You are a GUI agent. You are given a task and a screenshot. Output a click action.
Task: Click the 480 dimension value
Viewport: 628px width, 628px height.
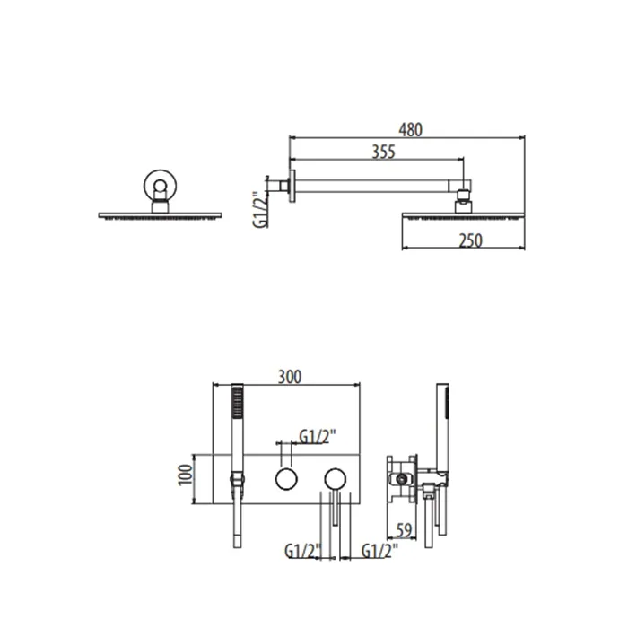411,130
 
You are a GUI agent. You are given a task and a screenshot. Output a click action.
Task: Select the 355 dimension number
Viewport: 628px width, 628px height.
384,152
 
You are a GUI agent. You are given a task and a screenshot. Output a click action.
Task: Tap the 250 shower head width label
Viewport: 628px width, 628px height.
471,240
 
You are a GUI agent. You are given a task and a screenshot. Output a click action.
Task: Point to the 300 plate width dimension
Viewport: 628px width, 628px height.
290,377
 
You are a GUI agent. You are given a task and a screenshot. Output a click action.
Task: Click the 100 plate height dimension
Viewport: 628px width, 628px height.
186,475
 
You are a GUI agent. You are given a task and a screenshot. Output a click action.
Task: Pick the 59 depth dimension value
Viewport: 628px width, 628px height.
404,530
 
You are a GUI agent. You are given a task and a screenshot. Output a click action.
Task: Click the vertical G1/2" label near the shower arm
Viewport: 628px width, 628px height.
260,210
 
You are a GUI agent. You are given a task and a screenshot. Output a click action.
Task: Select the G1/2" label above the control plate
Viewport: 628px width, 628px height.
318,437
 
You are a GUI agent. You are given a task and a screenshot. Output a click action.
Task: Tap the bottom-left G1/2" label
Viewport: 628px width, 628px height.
303,551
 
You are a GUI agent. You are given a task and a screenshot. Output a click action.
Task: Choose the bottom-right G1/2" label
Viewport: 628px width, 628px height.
379,551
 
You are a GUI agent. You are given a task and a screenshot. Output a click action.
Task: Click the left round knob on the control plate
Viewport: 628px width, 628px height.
286,478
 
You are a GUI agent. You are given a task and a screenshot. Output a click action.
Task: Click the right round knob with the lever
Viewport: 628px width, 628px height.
336,478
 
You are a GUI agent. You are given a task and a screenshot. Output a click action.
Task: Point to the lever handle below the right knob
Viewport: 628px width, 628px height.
336,508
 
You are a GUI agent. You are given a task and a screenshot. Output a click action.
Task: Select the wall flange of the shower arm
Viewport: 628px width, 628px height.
292,186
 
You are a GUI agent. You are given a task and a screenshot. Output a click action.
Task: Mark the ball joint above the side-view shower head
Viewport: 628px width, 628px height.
463,195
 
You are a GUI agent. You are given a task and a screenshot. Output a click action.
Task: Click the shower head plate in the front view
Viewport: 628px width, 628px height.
160,215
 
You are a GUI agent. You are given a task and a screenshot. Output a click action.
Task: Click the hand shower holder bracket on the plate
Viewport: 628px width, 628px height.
237,479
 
